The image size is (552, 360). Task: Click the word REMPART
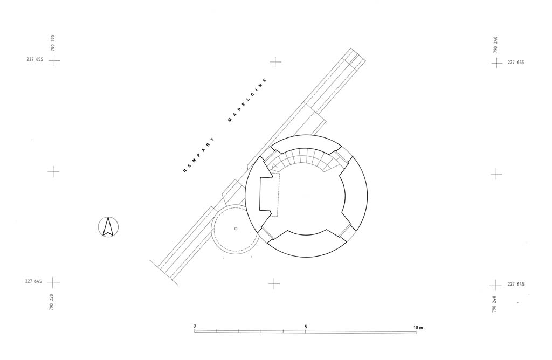pyautogui.click(x=199, y=155)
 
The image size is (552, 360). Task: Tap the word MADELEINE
pyautogui.click(x=247, y=100)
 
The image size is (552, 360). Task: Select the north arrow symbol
pyautogui.click(x=108, y=227)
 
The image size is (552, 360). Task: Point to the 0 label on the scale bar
pyautogui.click(x=194, y=326)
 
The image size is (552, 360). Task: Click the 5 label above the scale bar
pyautogui.click(x=306, y=327)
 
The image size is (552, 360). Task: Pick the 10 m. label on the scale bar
pyautogui.click(x=419, y=328)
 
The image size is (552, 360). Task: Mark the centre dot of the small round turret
pyautogui.click(x=236, y=229)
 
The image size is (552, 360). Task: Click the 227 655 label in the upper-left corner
pyautogui.click(x=35, y=59)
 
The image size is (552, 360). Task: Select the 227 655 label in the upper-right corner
pyautogui.click(x=516, y=63)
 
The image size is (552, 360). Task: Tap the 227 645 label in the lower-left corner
pyautogui.click(x=33, y=281)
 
